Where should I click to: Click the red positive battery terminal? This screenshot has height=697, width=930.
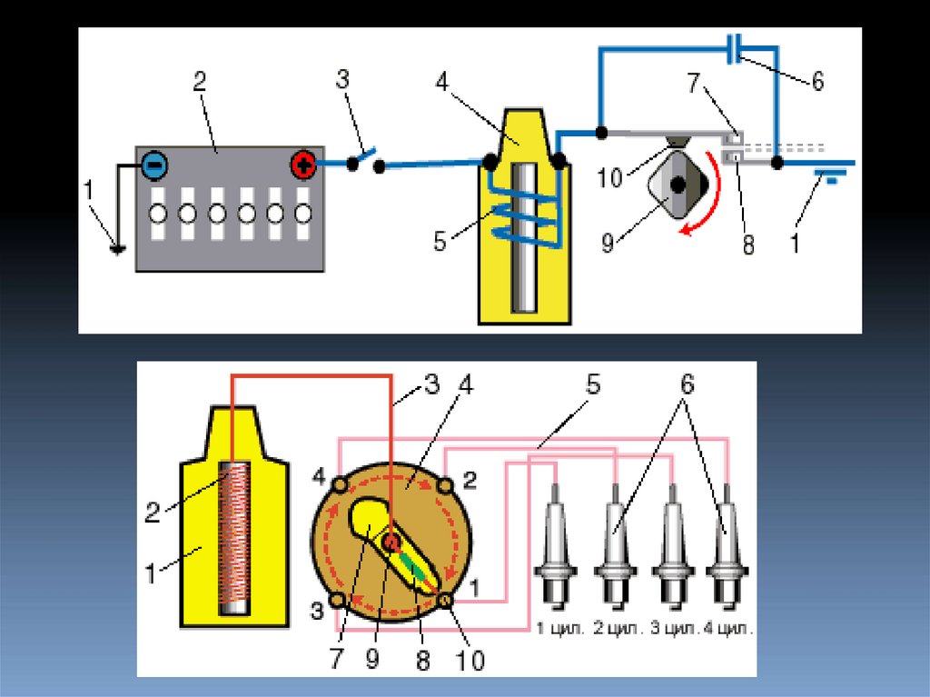(x=302, y=165)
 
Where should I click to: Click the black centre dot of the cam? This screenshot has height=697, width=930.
(x=677, y=184)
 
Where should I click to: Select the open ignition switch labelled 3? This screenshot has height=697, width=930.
(x=364, y=162)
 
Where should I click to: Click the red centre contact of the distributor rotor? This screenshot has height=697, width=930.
(x=391, y=542)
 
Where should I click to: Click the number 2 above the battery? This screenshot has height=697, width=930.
(x=200, y=84)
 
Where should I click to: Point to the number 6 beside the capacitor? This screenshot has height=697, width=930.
(x=817, y=82)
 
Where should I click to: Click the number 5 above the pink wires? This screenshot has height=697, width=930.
(x=592, y=385)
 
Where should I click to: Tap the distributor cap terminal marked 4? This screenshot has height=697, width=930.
(x=339, y=486)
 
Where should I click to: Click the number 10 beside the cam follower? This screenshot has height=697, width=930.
(x=611, y=177)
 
